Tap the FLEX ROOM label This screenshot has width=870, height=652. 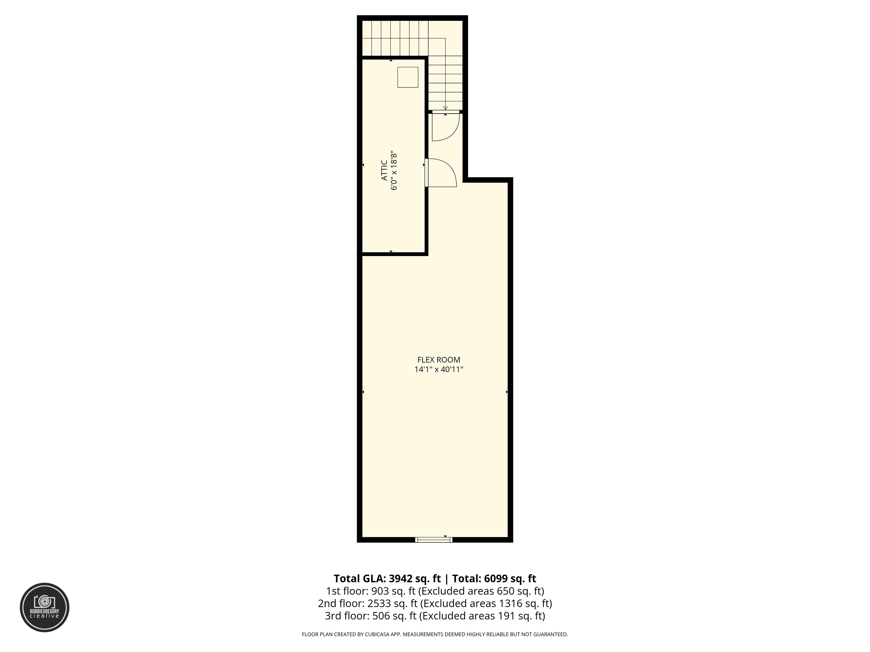tap(438, 360)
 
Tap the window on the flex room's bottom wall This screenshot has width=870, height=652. tap(434, 540)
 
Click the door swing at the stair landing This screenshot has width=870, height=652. tap(445, 126)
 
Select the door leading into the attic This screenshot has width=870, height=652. tap(440, 173)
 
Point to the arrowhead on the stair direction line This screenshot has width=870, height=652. tap(445, 108)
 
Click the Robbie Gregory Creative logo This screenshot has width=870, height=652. tap(44, 607)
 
